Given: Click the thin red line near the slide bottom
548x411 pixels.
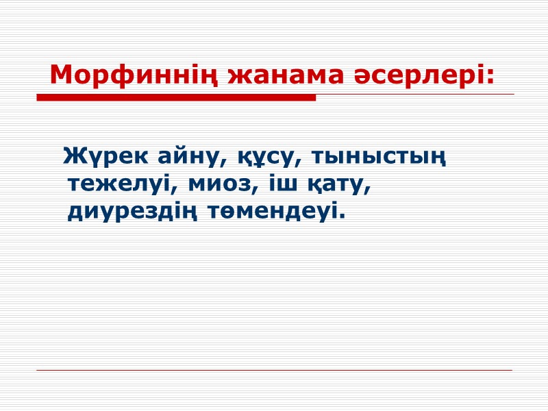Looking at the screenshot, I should coord(274,371).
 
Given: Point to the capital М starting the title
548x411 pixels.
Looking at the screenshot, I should coord(60,75).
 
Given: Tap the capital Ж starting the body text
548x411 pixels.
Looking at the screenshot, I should coord(73,157).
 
